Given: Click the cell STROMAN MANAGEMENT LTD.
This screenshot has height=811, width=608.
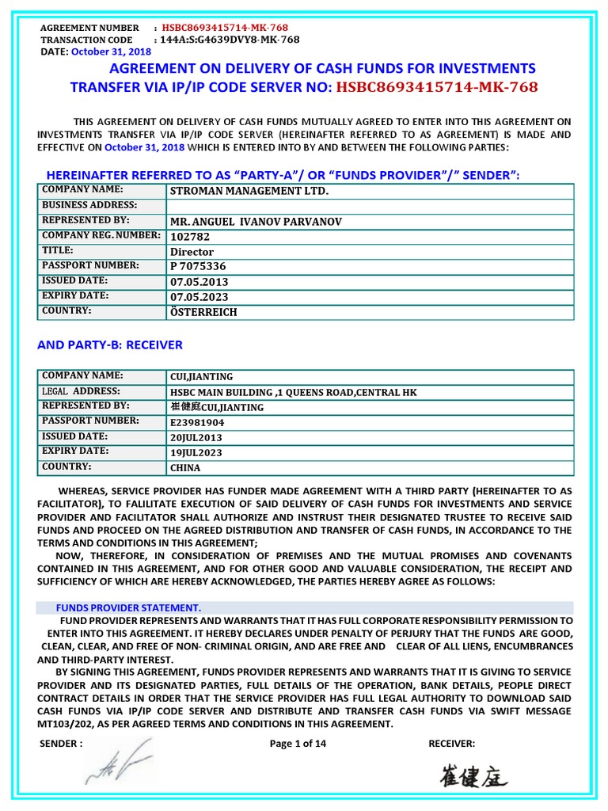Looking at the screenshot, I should click(x=249, y=192).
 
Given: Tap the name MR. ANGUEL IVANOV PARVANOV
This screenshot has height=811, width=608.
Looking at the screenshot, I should click(x=256, y=222).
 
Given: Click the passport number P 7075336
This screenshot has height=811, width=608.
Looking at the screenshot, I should click(x=198, y=267).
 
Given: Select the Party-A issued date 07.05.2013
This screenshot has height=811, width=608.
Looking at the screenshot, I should click(x=199, y=282).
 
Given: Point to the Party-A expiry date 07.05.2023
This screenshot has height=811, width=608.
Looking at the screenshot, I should click(x=199, y=297).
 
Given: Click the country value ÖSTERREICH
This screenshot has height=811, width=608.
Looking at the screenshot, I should click(x=203, y=312).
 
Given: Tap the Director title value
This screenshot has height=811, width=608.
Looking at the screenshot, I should click(x=192, y=252).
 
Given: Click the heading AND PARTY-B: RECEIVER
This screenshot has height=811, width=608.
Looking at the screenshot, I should click(x=110, y=345).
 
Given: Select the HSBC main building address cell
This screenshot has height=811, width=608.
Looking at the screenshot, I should click(x=293, y=392).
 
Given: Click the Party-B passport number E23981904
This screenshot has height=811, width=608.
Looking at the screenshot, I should click(x=198, y=422).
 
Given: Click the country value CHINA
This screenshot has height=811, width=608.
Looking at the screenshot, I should click(x=185, y=468).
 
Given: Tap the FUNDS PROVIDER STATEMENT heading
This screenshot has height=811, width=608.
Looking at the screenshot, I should click(x=128, y=607).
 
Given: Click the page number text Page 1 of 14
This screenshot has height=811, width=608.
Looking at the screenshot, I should click(x=298, y=744).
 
